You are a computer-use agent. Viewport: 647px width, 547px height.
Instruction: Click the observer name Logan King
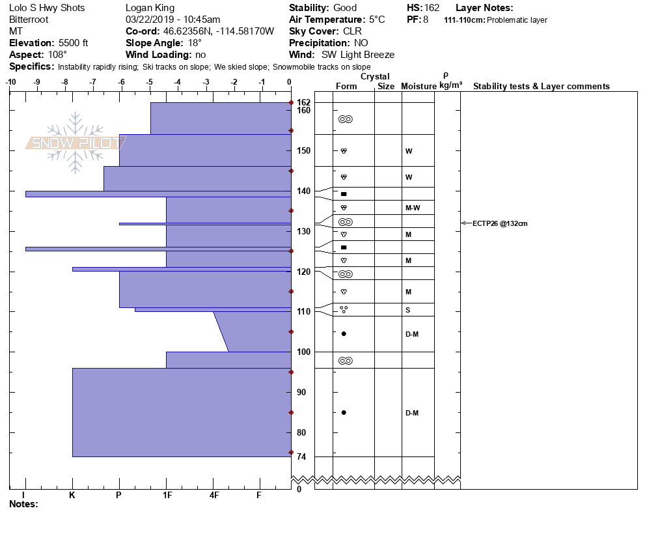point(148,8)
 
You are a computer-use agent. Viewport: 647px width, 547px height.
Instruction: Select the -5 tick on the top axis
point(150,82)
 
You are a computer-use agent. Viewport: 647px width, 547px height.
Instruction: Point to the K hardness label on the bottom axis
point(72,495)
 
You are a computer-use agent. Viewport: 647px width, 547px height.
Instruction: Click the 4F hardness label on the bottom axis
point(213,495)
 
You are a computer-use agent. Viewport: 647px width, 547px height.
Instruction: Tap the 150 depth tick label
point(304,150)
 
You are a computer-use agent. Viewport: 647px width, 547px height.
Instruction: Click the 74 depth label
point(301,457)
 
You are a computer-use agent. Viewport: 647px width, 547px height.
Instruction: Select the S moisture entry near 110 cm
point(407,310)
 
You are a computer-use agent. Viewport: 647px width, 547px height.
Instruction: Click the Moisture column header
point(417,87)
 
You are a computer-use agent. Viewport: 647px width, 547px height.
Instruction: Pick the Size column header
point(386,87)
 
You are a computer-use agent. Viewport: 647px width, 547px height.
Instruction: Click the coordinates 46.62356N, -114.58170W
point(219,31)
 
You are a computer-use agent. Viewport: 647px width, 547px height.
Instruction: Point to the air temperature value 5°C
point(377,20)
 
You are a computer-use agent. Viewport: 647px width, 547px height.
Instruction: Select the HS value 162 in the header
point(432,8)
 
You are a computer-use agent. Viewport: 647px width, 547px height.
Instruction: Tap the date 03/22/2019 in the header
point(148,20)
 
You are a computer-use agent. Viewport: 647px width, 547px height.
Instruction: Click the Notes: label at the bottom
point(24,504)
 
